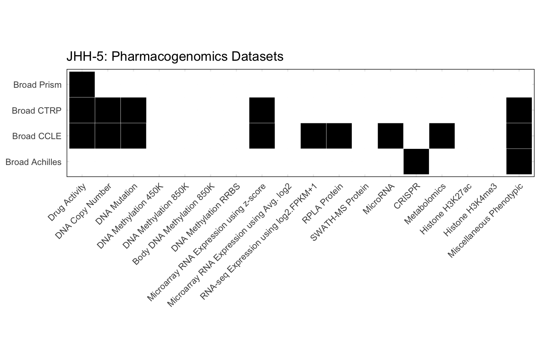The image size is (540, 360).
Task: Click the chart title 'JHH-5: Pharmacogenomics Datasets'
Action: pyautogui.click(x=175, y=56)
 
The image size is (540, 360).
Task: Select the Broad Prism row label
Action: pyautogui.click(x=37, y=85)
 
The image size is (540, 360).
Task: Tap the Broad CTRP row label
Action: pyautogui.click(x=36, y=111)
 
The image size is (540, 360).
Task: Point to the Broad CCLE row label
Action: pyautogui.click(x=36, y=136)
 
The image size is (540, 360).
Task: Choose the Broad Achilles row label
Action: pyautogui.click(x=33, y=162)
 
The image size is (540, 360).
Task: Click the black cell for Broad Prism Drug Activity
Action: pyautogui.click(x=82, y=84)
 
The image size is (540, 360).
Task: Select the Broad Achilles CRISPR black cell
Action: pyautogui.click(x=416, y=162)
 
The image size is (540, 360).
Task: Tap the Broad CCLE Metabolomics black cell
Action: pyautogui.click(x=442, y=136)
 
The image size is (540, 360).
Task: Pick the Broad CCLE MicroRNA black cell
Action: pyautogui.click(x=390, y=136)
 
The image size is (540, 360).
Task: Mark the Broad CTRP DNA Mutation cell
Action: pyautogui.click(x=133, y=110)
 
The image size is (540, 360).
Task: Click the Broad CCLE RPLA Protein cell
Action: pyautogui.click(x=339, y=136)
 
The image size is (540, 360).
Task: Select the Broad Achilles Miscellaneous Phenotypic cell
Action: pyautogui.click(x=519, y=162)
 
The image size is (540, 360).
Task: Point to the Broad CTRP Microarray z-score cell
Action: pyautogui.click(x=262, y=110)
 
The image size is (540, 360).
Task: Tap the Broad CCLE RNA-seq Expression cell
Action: pyautogui.click(x=313, y=136)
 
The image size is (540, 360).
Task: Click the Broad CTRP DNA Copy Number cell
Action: pyautogui.click(x=108, y=110)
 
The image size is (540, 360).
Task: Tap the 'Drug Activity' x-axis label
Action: pyautogui.click(x=67, y=202)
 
